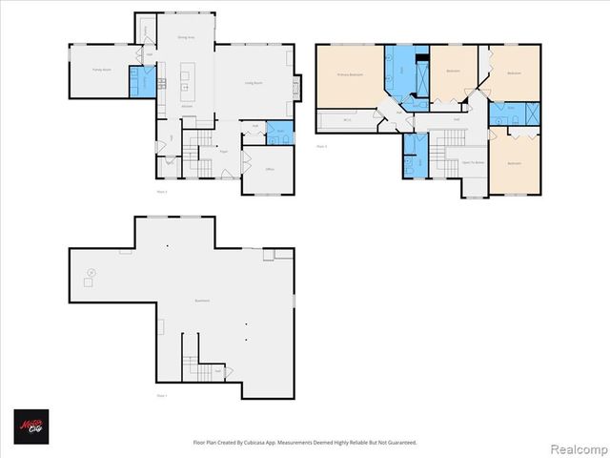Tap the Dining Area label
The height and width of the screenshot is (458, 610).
(187, 37)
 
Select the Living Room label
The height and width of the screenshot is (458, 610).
(254, 84)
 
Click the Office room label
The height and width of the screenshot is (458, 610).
(270, 170)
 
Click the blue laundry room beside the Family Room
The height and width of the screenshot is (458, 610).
(141, 82)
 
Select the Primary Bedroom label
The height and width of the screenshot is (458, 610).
(349, 73)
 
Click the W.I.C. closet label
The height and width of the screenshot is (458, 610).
(348, 121)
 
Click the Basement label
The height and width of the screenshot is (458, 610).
(202, 301)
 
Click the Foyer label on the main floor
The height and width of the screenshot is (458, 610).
(223, 151)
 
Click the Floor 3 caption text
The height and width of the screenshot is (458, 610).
(321, 146)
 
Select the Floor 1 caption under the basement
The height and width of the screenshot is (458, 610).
(161, 394)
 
